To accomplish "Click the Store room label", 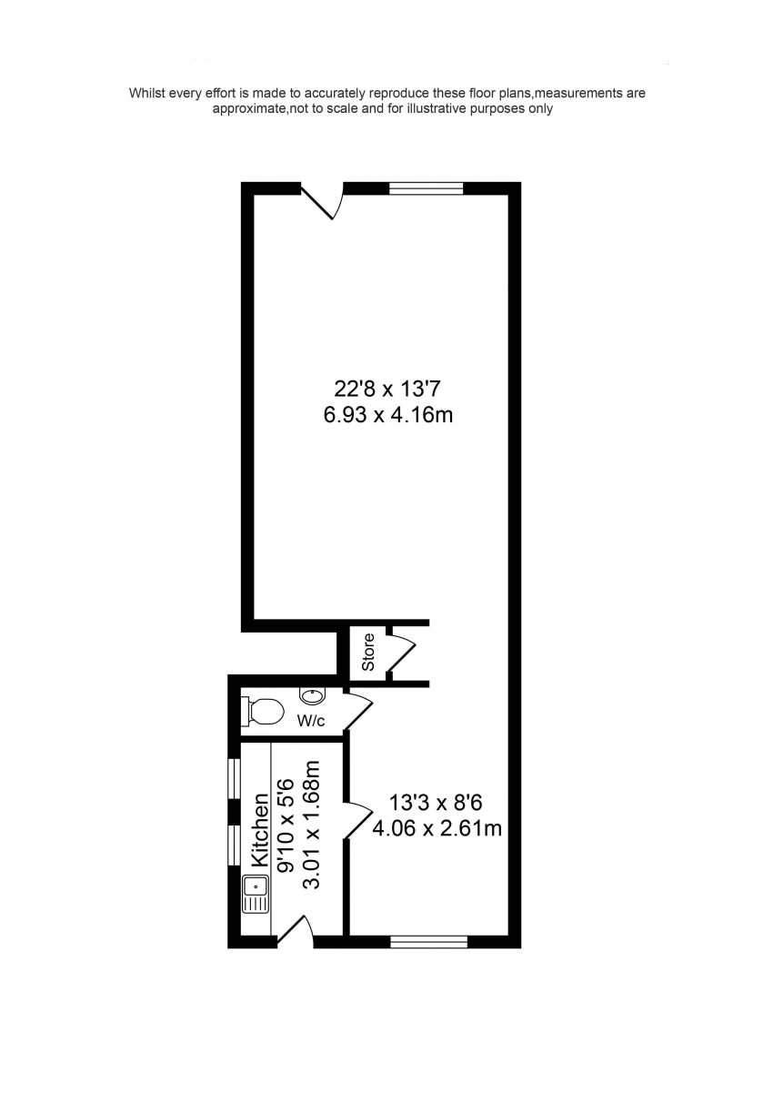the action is pos(368,652).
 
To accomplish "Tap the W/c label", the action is pos(311,721).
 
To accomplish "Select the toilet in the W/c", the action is pos(263,711).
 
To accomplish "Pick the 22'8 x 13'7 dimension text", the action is pos(387,390).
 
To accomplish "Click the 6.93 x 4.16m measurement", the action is pos(388,415).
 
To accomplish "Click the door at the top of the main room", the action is pos(322,200).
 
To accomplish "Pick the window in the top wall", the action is pos(426,188).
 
